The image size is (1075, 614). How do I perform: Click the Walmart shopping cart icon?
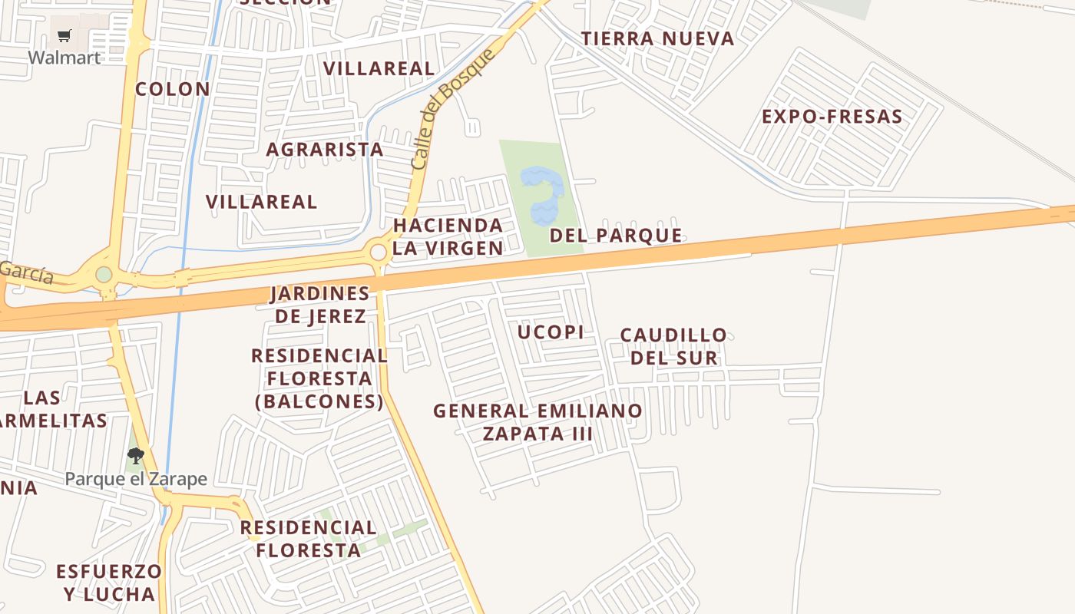point(64,35)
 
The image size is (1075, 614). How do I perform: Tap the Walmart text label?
point(64,58)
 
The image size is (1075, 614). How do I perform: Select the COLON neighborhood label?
point(173,89)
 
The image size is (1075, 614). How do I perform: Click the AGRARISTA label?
point(325,150)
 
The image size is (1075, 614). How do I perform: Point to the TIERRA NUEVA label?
point(657,38)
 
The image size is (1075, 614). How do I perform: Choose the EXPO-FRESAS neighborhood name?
point(832,117)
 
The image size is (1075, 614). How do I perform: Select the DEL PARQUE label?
point(616,236)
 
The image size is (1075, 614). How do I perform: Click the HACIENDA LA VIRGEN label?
point(448,236)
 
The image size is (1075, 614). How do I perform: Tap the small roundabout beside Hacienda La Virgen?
point(378,252)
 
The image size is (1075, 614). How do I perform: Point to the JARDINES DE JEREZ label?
point(320,305)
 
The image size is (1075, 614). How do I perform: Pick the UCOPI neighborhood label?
point(551,332)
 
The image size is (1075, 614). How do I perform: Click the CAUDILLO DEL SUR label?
point(673,346)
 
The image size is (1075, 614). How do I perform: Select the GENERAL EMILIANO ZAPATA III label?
point(537,421)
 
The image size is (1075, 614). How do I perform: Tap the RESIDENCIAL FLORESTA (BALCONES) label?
point(319,378)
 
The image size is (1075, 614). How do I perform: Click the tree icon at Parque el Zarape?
point(136,456)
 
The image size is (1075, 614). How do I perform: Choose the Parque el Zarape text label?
point(136,479)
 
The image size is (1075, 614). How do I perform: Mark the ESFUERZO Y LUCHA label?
point(109,583)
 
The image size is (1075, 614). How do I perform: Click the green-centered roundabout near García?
point(104,274)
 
